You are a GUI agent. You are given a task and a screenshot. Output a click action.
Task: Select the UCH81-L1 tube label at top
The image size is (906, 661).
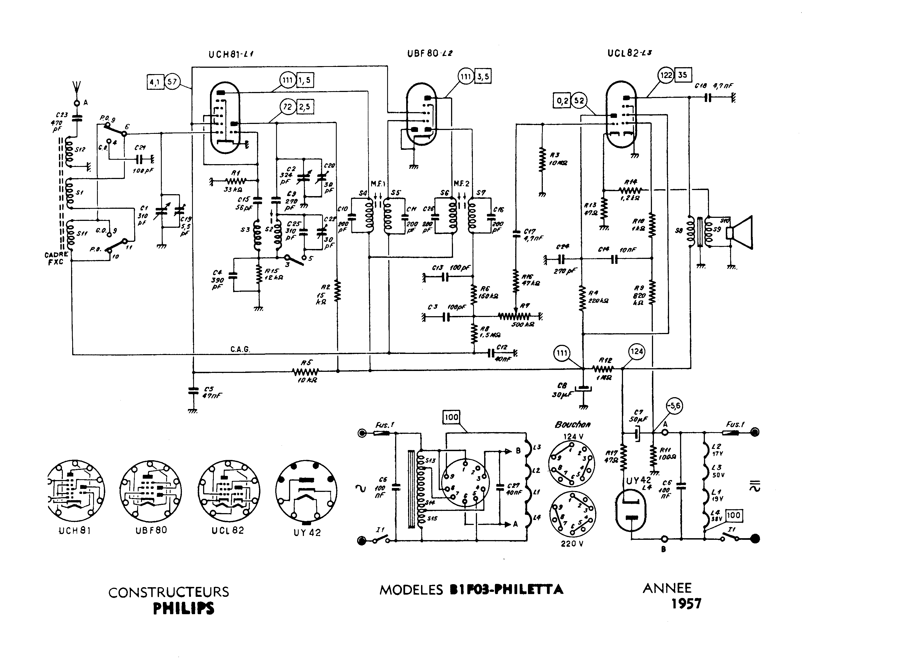(x=231, y=55)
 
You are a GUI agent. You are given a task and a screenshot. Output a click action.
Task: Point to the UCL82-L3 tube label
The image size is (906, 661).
(x=629, y=53)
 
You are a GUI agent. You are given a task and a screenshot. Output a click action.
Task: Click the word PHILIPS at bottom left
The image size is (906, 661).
(x=184, y=608)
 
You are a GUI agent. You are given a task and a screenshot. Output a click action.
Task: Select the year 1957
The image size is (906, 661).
(x=686, y=604)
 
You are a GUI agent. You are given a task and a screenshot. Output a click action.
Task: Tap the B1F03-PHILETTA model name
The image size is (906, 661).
(x=506, y=589)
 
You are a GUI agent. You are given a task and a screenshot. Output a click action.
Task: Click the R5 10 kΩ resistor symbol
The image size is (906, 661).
(x=306, y=372)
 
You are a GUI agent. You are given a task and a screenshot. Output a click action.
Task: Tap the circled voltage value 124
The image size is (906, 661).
(x=637, y=352)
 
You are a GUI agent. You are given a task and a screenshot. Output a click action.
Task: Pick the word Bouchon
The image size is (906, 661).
(x=573, y=424)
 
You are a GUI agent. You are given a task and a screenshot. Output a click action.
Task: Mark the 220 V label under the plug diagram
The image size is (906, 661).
(x=572, y=543)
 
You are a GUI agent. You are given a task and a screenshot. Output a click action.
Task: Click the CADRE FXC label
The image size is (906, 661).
(x=56, y=258)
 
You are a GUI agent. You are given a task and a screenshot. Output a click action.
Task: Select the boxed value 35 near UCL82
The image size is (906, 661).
(x=683, y=75)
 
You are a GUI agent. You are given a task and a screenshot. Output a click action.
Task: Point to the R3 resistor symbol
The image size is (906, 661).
(x=543, y=160)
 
